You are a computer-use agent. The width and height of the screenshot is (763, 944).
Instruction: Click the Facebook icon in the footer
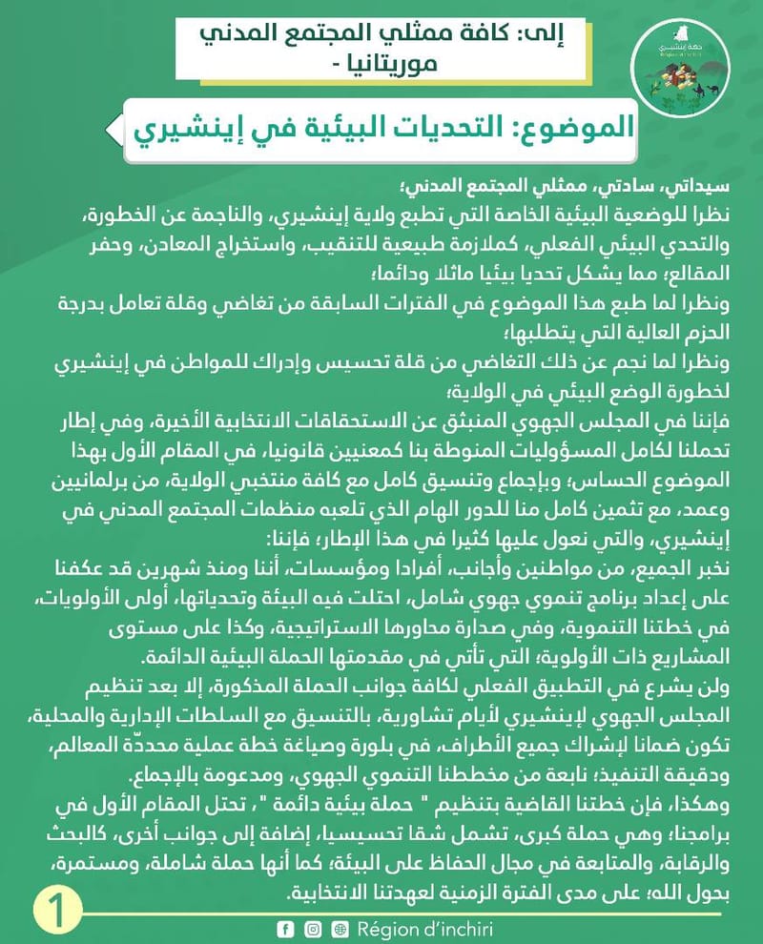point(284,929)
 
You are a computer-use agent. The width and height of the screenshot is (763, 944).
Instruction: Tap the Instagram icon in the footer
point(312,929)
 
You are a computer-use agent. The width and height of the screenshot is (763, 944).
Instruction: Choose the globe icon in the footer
point(340,929)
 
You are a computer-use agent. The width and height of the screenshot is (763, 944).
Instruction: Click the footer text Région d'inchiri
point(424,929)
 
